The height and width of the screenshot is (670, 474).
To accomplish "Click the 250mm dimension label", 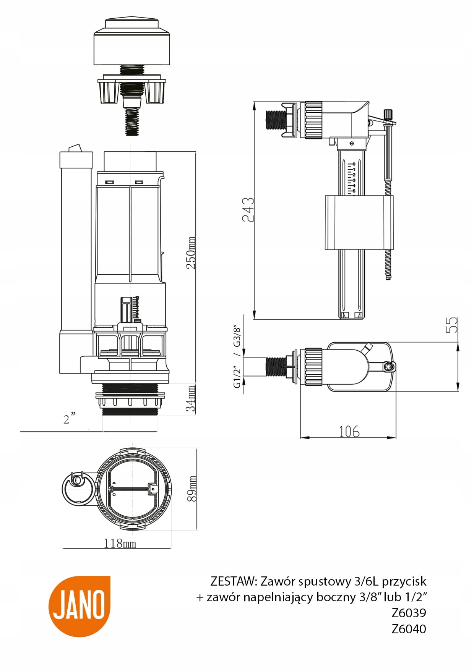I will click(x=191, y=252).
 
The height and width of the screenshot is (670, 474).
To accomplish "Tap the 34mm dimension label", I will click(x=191, y=398).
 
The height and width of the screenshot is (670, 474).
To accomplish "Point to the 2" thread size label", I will click(x=69, y=419).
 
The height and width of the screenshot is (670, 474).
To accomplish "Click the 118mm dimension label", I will click(x=120, y=543).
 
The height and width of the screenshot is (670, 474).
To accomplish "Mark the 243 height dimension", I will click(x=248, y=209).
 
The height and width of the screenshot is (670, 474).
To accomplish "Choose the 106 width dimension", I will click(x=349, y=431).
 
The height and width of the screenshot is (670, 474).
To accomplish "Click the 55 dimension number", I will click(x=452, y=325).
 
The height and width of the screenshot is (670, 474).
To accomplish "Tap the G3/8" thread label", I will click(x=237, y=336).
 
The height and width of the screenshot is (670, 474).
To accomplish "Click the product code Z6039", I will click(x=409, y=613).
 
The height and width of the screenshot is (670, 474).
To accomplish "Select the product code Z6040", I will click(x=409, y=629).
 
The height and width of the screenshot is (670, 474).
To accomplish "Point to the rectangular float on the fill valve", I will click(x=359, y=222).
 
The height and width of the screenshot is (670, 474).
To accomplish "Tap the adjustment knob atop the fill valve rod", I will click(x=388, y=114).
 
